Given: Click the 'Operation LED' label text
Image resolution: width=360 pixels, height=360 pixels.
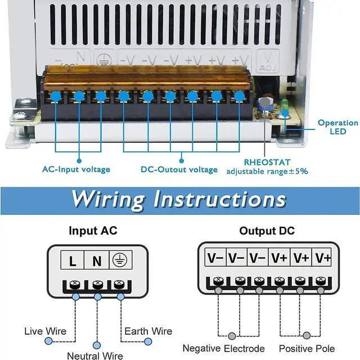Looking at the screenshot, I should point(337,127).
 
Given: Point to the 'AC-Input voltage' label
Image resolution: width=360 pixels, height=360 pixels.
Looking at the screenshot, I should point(76,169).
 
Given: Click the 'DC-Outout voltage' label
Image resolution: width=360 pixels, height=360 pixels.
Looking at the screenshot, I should point(179,169).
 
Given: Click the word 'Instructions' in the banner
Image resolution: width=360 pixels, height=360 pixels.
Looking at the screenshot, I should point(220,199).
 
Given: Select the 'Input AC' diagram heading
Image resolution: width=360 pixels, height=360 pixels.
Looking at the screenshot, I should point(93,231).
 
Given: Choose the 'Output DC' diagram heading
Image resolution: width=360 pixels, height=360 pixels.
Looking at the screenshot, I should point(267,231).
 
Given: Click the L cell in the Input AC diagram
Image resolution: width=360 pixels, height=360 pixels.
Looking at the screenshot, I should point(73,261).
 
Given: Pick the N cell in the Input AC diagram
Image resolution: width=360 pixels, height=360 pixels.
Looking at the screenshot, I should point(97,261).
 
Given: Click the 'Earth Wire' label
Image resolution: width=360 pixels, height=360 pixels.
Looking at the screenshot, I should point(148,331).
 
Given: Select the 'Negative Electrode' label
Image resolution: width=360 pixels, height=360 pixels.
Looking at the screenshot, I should point(223,348).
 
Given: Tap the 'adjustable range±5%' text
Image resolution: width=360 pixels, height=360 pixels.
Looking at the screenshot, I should point(267,171).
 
